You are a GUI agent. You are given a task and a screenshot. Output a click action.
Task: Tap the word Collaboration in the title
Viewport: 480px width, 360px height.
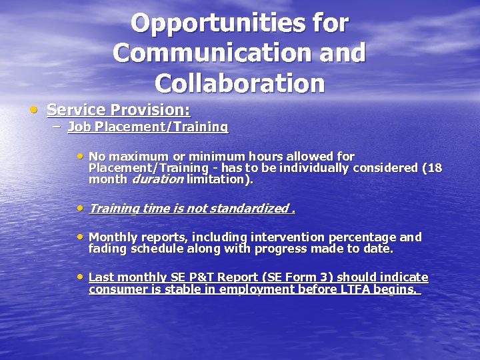239,83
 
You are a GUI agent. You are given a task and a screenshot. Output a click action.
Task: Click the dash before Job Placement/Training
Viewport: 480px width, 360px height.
58,127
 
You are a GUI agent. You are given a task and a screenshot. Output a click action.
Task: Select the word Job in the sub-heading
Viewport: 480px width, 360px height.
79,127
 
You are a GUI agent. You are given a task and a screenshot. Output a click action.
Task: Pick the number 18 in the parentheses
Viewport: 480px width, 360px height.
435,168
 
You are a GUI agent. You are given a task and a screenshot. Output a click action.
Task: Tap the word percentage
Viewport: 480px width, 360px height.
365,237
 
